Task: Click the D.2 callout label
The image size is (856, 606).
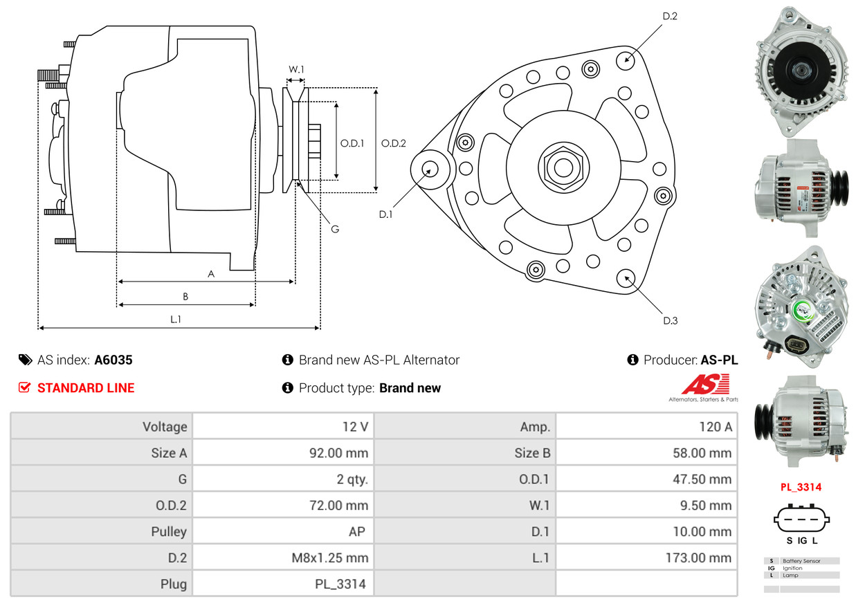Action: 669,15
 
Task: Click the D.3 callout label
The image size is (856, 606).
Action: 670,320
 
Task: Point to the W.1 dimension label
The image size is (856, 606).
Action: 296,69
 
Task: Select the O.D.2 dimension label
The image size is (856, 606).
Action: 394,143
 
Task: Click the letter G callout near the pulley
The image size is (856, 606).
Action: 334,228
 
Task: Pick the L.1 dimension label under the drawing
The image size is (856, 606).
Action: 176,319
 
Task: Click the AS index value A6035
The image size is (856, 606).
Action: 113,360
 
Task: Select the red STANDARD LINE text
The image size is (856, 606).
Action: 86,388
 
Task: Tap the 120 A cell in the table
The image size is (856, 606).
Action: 715,427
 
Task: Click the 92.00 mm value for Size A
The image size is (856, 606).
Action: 338,453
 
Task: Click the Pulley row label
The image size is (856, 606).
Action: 169,531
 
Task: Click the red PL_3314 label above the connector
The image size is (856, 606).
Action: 801,487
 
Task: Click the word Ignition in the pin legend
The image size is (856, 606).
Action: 792,568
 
